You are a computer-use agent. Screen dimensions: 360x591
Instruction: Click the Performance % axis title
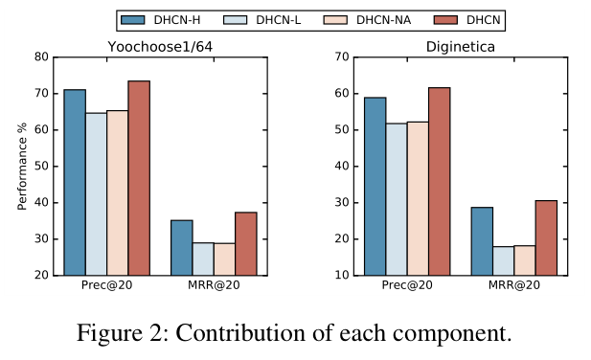[21, 166]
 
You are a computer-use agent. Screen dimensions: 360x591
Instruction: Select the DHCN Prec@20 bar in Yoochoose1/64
[139, 177]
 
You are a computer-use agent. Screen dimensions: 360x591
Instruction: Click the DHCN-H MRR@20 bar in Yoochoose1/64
[182, 247]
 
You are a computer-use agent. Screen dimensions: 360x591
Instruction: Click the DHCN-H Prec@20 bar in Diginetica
[375, 186]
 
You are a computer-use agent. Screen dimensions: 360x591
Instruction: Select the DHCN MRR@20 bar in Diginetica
[546, 237]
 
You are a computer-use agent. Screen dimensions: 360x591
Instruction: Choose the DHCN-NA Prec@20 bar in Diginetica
[418, 198]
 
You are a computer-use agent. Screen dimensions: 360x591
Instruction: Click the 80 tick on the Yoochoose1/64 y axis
[40, 56]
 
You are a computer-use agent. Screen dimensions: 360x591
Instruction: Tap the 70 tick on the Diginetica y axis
[341, 56]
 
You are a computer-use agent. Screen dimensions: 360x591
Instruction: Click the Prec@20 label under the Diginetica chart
[407, 286]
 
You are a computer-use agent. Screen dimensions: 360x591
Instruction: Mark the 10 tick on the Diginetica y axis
[341, 276]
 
